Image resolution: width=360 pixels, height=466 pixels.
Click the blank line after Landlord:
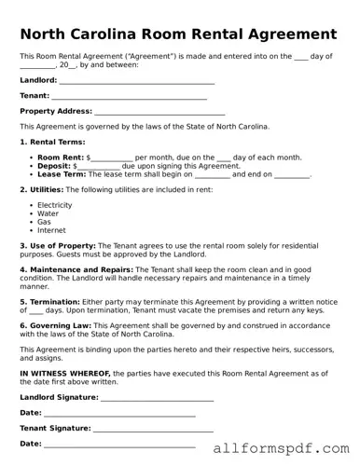point(136,81)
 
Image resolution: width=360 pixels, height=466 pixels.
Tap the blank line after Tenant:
point(129,96)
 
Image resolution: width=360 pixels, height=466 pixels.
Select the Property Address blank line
point(159,111)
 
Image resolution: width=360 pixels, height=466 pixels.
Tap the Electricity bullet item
point(54,205)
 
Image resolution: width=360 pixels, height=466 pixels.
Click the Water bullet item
point(48,213)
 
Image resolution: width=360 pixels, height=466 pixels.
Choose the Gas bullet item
point(44,222)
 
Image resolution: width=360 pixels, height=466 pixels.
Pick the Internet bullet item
point(51,230)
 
